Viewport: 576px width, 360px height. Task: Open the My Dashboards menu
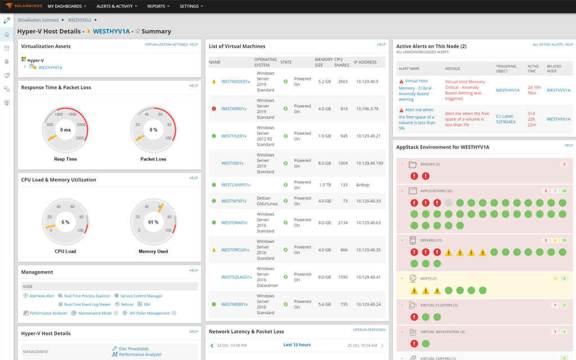coord(66,6)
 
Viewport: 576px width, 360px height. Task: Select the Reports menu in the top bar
coord(158,6)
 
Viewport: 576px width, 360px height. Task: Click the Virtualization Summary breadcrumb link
coord(38,20)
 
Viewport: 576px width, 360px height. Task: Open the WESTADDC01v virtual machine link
coord(236,82)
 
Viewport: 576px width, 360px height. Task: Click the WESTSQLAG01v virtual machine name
coord(237,277)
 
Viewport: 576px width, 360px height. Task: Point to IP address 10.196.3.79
coord(367,109)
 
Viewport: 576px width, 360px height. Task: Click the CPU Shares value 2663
coord(343,82)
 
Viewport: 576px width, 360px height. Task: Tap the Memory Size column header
coord(323,62)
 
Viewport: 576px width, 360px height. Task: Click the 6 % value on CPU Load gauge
coord(65,222)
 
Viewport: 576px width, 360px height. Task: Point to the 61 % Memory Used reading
coord(153,222)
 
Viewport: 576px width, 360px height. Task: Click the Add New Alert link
coord(42,296)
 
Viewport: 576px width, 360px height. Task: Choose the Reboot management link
coord(127,304)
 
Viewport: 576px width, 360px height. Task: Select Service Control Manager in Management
coord(141,296)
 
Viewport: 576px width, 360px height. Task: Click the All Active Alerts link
coord(547,44)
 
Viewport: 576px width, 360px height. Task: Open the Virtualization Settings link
coord(166,44)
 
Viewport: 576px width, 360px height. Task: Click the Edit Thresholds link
coord(134,349)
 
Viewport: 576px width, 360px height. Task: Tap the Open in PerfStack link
coord(369,330)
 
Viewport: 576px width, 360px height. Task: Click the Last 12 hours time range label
coord(296,345)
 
